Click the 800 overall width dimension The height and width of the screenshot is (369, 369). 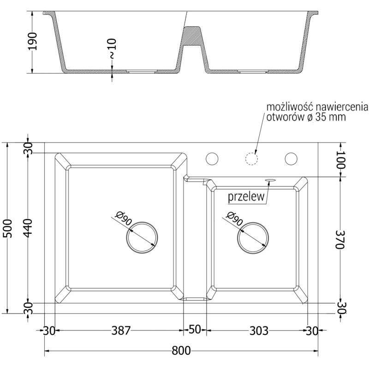[x=182, y=351]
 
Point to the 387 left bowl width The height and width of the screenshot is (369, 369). [x=121, y=330]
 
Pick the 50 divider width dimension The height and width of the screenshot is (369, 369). [x=195, y=330]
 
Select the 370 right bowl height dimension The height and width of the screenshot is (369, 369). [x=340, y=239]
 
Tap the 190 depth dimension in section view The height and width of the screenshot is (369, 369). [x=31, y=42]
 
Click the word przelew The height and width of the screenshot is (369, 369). [x=246, y=197]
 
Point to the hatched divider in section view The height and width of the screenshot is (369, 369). [x=193, y=35]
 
